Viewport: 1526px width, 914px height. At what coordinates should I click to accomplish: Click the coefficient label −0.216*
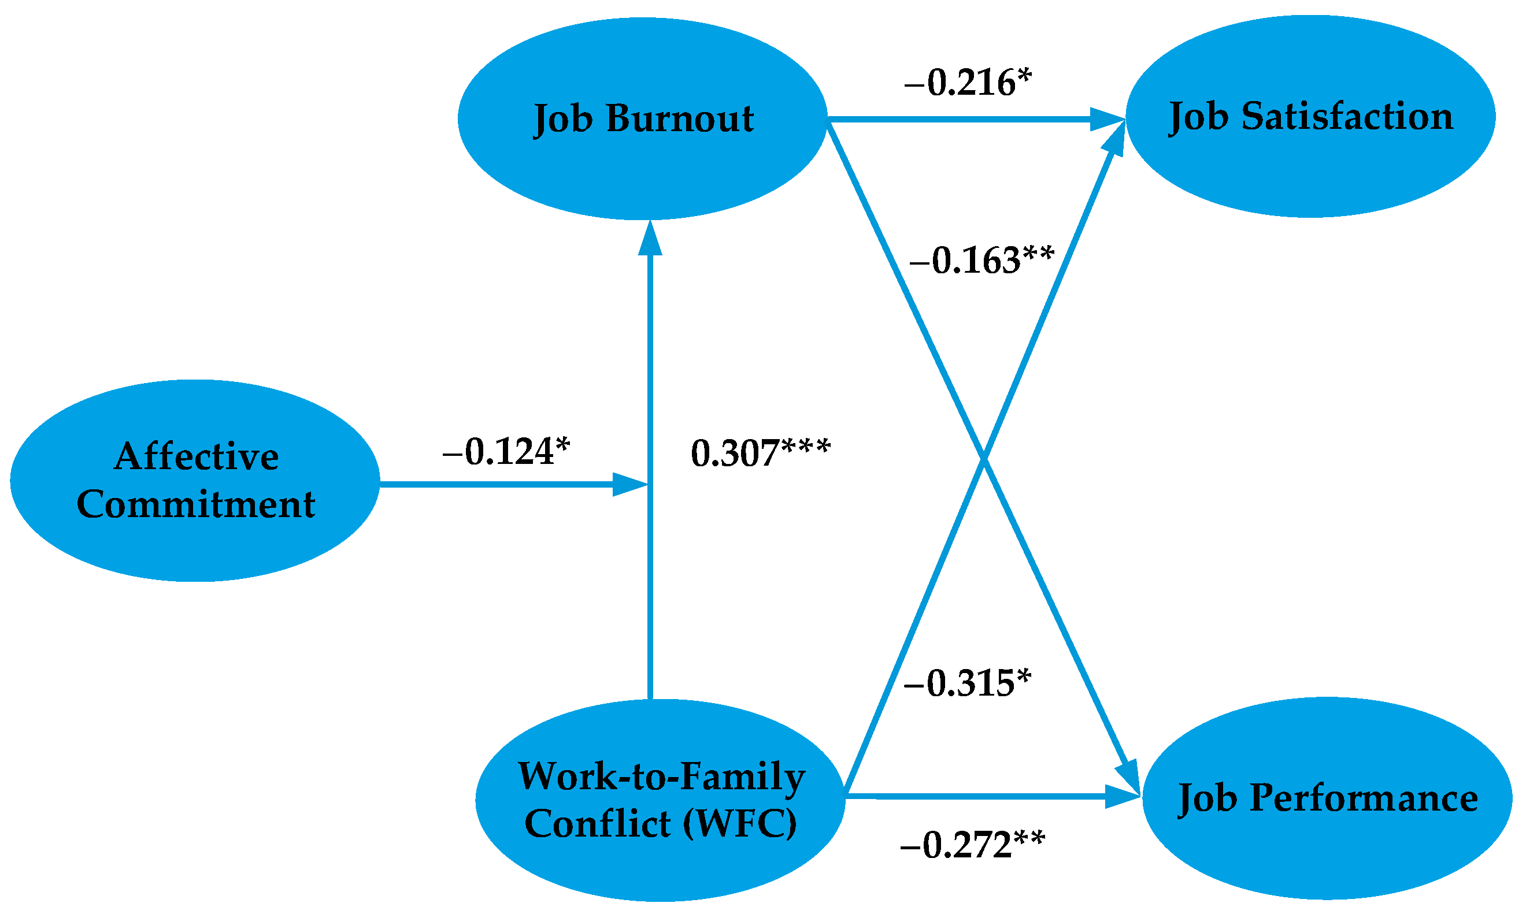point(967,83)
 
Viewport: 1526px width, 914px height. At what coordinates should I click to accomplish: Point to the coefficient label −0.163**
point(981,261)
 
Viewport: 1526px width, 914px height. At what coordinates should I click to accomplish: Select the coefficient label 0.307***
point(760,454)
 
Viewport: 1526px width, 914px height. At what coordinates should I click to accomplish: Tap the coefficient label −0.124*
point(506,452)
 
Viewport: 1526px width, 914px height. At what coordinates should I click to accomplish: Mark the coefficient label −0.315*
point(966,683)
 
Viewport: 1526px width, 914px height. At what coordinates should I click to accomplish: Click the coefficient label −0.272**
point(972,845)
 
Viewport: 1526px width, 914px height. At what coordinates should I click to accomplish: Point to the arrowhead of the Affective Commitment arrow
point(629,485)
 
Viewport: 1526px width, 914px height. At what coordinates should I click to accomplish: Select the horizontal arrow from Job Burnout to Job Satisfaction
point(961,119)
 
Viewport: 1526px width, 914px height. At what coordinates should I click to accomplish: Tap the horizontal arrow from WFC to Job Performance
point(973,797)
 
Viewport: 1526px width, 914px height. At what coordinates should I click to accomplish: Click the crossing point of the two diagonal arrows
point(984,459)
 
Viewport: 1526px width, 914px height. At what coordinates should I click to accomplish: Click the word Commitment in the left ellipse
point(195,504)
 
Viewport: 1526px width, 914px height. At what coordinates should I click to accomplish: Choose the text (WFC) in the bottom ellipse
point(739,823)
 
